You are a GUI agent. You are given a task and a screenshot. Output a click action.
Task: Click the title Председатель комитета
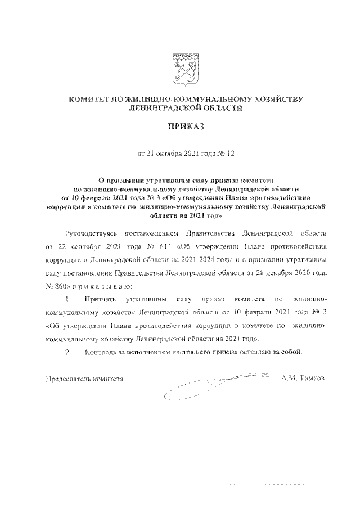click(x=84, y=380)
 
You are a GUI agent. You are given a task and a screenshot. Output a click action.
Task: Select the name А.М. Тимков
click(x=303, y=380)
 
